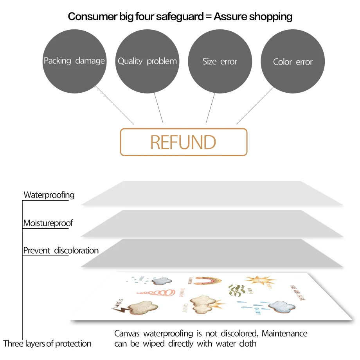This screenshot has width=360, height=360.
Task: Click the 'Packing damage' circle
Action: pos(74,61)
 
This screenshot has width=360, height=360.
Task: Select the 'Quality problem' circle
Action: pos(147,61)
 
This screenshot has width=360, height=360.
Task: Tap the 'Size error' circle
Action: pos(220,61)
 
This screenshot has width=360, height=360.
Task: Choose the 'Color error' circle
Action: pos(293,61)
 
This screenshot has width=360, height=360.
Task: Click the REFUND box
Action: pos(184,142)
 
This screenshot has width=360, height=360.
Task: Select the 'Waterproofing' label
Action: pos(49,195)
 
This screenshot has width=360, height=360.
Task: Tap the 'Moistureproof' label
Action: pos(48,223)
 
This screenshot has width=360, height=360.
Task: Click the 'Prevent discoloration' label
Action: pos(61,250)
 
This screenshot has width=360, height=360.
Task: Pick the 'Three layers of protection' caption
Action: pos(47,344)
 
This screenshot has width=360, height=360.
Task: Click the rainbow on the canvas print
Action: pos(208,281)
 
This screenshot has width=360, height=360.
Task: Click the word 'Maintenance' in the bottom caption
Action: pos(284,334)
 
